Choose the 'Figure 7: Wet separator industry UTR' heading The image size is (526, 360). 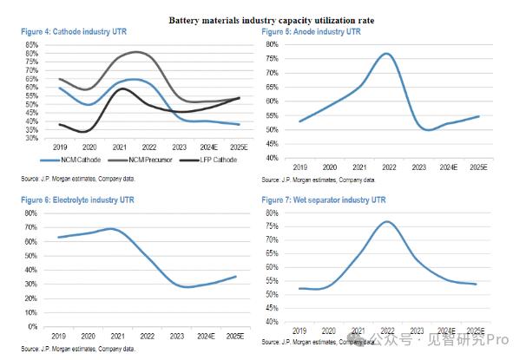click(324, 200)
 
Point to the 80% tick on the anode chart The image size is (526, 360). click(272, 44)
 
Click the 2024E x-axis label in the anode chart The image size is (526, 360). click(448, 167)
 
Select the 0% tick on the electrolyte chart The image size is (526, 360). click(33, 327)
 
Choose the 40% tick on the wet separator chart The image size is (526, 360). click(272, 322)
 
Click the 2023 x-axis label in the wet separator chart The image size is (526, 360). click(418, 331)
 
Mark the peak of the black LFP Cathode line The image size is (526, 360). click(121, 88)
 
